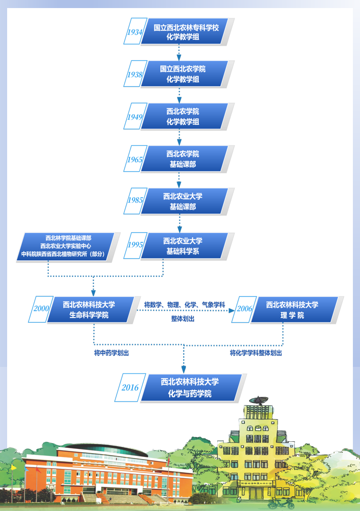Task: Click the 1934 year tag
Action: tap(135, 32)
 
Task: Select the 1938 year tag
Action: tap(135, 74)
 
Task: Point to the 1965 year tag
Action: tap(135, 159)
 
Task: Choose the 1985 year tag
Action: tap(135, 200)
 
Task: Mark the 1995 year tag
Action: tap(135, 245)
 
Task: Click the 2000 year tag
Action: tap(41, 309)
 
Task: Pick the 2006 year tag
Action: tap(244, 309)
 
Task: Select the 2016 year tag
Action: tap(129, 387)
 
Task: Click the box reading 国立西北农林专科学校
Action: tap(186, 32)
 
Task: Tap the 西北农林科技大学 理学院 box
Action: tap(292, 310)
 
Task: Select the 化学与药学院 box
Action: tap(190, 387)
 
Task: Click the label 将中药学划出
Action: tap(111, 353)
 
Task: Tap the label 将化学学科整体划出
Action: tap(256, 353)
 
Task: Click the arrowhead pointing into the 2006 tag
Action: tap(232, 310)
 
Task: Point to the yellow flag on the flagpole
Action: tap(14, 467)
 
